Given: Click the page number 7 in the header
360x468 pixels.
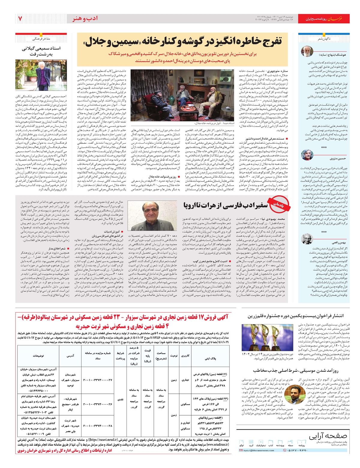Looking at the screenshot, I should [x=20, y=19].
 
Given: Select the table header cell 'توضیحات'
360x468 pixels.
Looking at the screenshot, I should [x=38, y=356].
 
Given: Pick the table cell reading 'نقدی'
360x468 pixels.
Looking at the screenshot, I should [x=120, y=399].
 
